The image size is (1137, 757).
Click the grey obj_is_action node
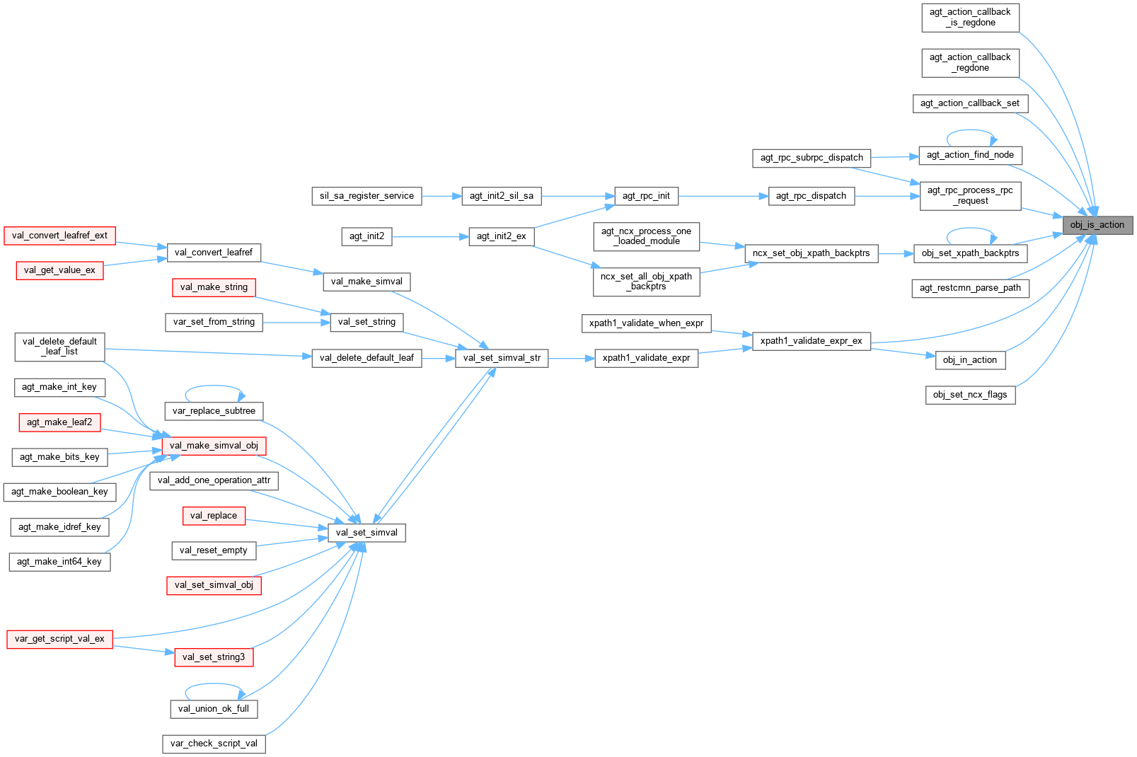(1097, 225)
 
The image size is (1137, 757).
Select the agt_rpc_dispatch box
(811, 196)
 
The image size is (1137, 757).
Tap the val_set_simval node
(367, 533)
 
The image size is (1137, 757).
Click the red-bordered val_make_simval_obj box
(214, 446)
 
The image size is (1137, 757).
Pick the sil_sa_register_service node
(367, 196)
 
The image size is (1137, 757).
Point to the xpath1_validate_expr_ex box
(811, 341)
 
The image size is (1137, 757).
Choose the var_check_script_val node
(214, 744)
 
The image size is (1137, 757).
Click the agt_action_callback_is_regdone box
(970, 18)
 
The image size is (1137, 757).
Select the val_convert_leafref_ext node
(59, 236)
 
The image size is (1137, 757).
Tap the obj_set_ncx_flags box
(970, 395)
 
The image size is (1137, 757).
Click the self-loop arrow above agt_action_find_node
(971, 130)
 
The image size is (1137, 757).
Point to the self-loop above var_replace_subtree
(214, 386)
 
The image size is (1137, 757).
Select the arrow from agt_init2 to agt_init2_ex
(430, 236)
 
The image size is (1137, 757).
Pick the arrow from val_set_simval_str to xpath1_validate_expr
(571, 359)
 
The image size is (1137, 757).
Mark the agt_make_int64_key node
(59, 562)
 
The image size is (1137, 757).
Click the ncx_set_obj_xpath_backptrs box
(811, 253)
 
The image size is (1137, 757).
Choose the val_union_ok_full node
(214, 709)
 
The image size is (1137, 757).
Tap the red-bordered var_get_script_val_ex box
(59, 639)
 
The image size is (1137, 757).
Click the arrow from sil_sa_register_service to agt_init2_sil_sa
(441, 196)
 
